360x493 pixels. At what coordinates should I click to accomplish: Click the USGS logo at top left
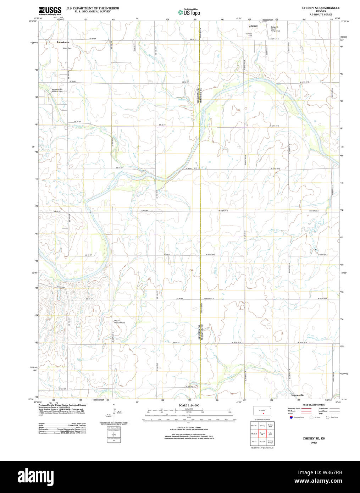point(50,10)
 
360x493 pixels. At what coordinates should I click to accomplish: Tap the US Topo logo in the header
point(189,12)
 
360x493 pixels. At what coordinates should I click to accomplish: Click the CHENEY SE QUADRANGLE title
point(321,8)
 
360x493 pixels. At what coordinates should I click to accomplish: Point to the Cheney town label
point(253,26)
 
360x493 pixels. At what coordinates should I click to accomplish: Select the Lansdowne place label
point(64,42)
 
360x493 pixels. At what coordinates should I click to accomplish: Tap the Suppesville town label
point(297,395)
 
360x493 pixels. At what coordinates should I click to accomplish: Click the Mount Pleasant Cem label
point(120,322)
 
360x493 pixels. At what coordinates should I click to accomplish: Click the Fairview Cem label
point(249,35)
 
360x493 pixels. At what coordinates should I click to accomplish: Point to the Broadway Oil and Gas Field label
point(57,90)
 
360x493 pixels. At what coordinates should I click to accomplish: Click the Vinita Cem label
point(67,48)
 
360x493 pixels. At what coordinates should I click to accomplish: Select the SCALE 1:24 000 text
point(189,405)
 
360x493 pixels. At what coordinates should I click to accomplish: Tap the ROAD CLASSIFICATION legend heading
point(314,405)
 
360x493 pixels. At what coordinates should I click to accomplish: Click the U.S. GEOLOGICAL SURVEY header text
point(93,11)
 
